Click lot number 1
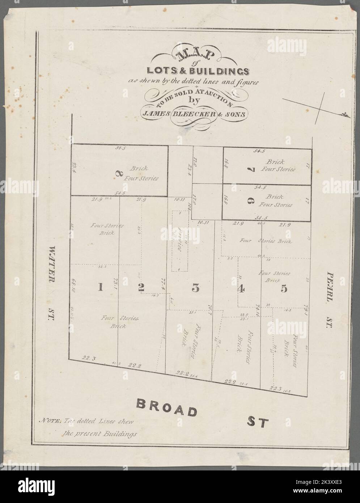tap(101, 287)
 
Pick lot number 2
tap(141, 287)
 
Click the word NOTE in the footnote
tap(50, 421)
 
